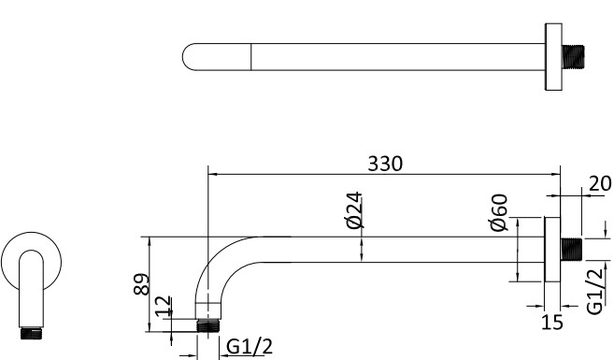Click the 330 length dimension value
[x=384, y=163]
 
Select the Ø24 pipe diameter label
[x=354, y=209]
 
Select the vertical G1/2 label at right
[x=593, y=290]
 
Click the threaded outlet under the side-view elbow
[x=208, y=326]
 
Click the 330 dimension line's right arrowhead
[x=554, y=174]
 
